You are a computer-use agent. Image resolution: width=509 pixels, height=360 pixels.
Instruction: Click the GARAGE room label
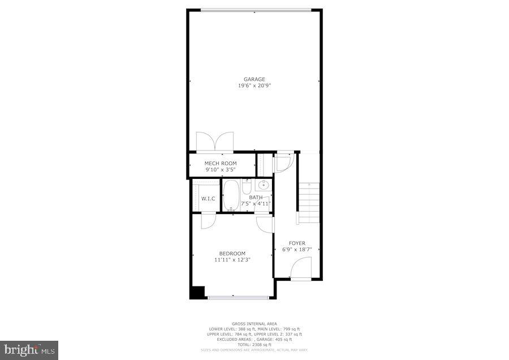[255, 79]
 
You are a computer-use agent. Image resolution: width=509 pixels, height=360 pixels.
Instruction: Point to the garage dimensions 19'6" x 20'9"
[255, 86]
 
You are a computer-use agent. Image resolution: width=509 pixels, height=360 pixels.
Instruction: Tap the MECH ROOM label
[221, 164]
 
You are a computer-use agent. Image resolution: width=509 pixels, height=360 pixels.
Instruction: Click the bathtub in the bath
[231, 195]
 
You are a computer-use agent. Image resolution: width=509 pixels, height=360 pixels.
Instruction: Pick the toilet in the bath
[247, 186]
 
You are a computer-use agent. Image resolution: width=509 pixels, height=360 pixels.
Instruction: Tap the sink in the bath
[264, 185]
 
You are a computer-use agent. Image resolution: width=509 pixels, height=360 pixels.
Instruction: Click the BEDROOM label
[232, 253]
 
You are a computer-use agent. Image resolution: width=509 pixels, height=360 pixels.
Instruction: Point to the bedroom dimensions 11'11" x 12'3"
[232, 260]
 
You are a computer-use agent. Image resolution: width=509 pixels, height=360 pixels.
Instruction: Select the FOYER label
[297, 243]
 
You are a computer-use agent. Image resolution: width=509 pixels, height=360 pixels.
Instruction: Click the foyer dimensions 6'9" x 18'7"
[297, 250]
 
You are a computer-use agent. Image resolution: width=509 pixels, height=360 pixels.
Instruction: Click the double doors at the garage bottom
[215, 142]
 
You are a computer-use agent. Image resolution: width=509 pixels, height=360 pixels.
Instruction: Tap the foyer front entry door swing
[302, 268]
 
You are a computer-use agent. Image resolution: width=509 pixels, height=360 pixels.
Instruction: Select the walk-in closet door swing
[208, 220]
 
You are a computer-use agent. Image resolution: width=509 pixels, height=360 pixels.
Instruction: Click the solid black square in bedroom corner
[197, 293]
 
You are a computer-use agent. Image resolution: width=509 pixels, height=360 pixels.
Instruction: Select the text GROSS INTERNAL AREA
[255, 324]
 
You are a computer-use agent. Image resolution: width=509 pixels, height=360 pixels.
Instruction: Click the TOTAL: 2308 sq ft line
[255, 345]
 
